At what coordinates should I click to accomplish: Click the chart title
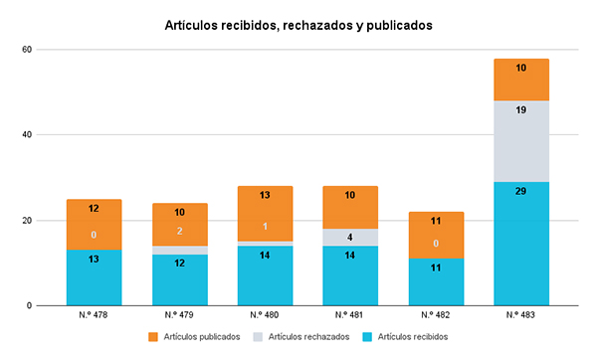tap(298, 26)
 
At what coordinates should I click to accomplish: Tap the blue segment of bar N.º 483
tap(520, 244)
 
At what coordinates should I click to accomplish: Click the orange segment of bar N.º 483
tap(520, 80)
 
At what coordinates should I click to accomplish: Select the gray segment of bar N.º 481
tap(350, 237)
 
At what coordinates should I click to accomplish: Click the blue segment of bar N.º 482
tap(435, 281)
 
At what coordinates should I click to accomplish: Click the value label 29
tap(520, 190)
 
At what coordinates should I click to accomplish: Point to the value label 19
tap(520, 110)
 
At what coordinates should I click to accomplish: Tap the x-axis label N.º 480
tap(265, 314)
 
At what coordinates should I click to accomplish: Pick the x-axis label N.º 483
tap(520, 314)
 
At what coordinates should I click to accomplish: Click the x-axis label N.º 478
tap(95, 314)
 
